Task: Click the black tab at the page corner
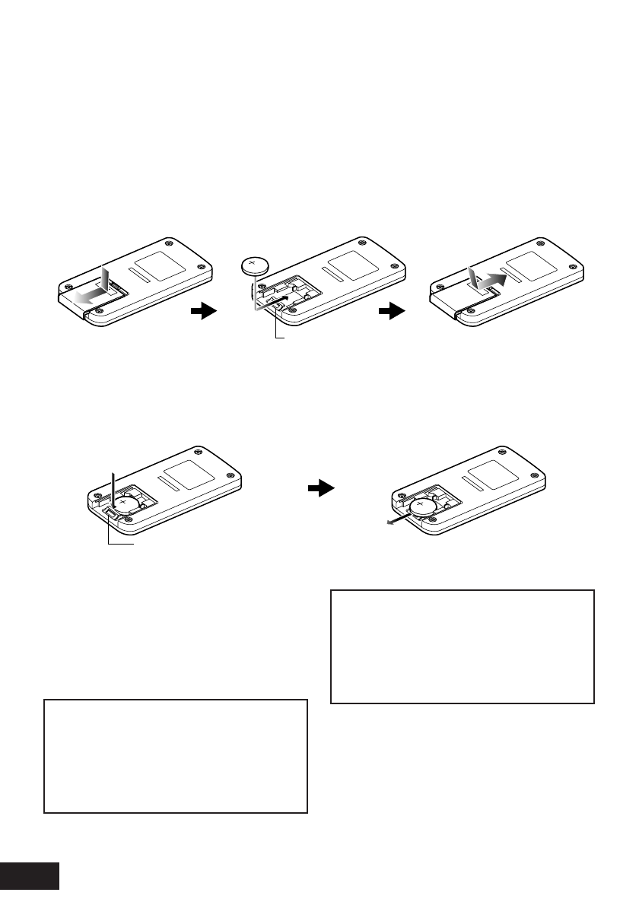tap(30, 876)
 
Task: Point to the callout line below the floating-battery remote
tap(280, 330)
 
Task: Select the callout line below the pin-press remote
tap(111, 537)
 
